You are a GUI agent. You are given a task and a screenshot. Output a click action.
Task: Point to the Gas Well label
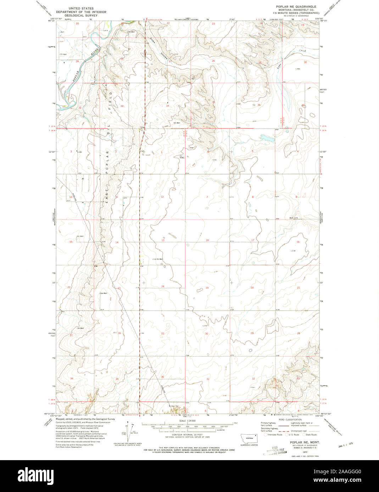pyautogui.click(x=103, y=293)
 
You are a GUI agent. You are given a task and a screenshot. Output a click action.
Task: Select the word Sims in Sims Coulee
pyautogui.click(x=153, y=41)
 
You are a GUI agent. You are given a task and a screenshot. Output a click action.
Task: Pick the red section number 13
pyautogui.click(x=163, y=240)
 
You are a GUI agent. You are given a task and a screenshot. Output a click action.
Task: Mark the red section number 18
pyautogui.click(x=207, y=240)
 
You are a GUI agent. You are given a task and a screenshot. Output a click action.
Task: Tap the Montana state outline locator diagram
pyautogui.click(x=250, y=437)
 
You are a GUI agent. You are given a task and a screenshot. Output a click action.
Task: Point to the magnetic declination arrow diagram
pyautogui.click(x=128, y=430)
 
